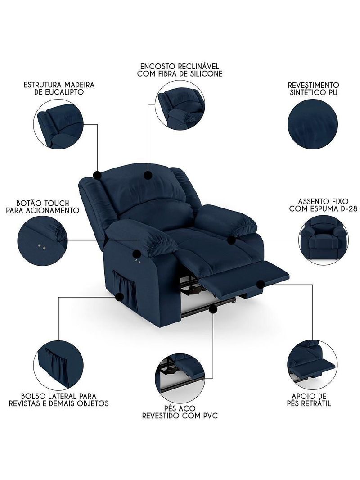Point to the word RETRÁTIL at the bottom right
pyautogui.click(x=315, y=403)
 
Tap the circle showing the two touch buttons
pyautogui.click(x=42, y=240)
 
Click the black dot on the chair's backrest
pyautogui.click(x=148, y=175)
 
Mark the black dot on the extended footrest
pyautogui.click(x=260, y=285)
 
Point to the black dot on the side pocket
pyautogui.click(x=120, y=297)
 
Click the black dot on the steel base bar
pyautogui.click(x=212, y=309)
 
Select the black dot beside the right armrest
pyautogui.click(x=232, y=240)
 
